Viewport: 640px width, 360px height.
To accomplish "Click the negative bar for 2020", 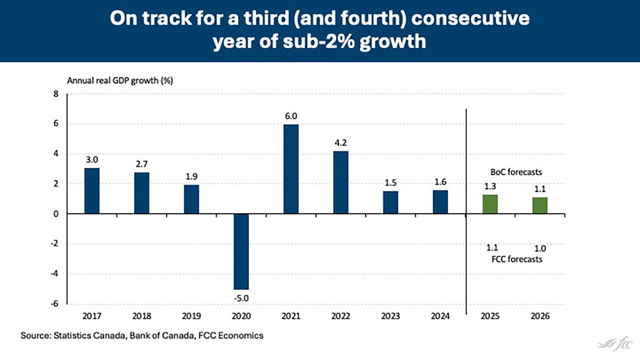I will click(x=241, y=251).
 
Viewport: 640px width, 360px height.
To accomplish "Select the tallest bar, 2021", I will click(x=291, y=169).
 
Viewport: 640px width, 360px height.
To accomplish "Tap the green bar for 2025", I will click(x=490, y=204).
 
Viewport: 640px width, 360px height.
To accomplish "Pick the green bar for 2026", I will click(x=539, y=205).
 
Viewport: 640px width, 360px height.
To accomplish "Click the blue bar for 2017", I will click(x=92, y=191).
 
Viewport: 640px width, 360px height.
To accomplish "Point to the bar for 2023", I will click(x=390, y=202).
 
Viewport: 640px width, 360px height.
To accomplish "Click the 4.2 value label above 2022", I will click(x=340, y=143).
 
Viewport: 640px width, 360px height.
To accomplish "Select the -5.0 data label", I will click(x=241, y=297).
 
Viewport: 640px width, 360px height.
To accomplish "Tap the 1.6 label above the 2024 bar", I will click(x=440, y=182).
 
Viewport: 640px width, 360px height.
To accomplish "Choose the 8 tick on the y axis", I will click(x=54, y=94).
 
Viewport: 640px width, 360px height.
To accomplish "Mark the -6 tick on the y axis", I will click(x=53, y=304).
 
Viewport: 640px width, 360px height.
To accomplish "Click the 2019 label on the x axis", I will click(x=191, y=316).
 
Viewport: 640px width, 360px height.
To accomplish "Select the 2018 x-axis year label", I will click(x=141, y=316).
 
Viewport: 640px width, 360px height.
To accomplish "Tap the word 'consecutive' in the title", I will click(x=472, y=19).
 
